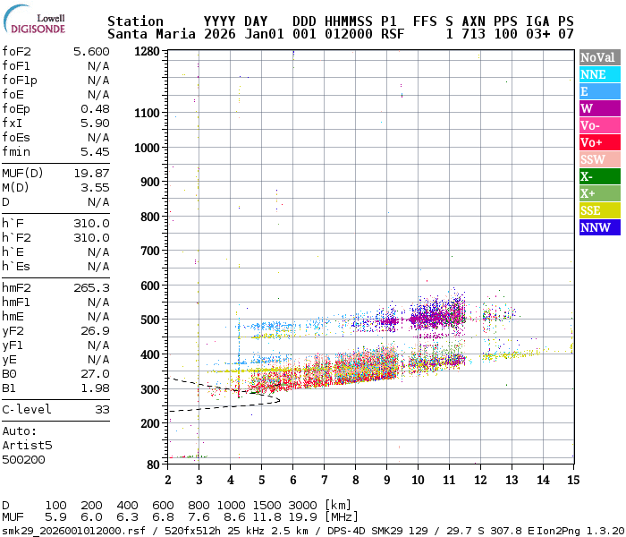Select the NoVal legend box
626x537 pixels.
pos(598,57)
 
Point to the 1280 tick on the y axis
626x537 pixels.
pos(147,52)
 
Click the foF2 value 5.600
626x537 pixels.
pos(91,52)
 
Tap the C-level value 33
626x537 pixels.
pos(102,409)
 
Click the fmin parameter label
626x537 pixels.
pos(17,151)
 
